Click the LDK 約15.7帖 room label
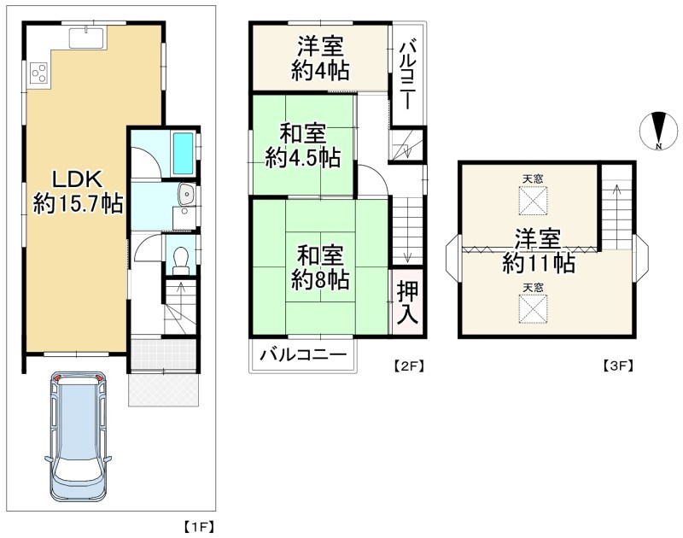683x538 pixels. click(x=78, y=191)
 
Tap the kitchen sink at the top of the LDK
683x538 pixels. click(x=85, y=38)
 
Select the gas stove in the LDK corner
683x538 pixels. click(x=38, y=73)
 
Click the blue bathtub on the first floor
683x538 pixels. click(x=184, y=153)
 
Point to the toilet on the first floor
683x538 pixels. click(x=180, y=257)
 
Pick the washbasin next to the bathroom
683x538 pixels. click(x=185, y=197)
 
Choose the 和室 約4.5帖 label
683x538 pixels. click(x=302, y=146)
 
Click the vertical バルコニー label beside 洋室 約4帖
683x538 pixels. click(x=407, y=74)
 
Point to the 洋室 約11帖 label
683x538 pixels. click(x=538, y=251)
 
